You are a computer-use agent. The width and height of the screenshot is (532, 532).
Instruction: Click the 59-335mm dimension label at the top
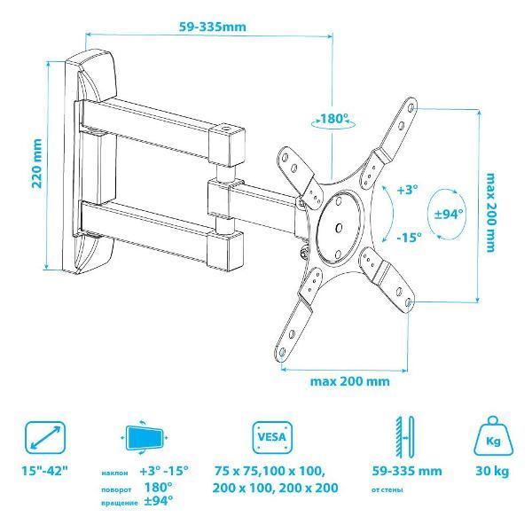(213, 27)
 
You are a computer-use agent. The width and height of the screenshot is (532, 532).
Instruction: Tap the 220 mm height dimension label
(37, 163)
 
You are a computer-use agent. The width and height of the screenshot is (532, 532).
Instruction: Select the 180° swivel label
(334, 119)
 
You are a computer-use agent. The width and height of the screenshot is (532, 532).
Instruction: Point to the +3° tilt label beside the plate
(407, 190)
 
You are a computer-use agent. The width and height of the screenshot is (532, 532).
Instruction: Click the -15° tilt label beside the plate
(410, 237)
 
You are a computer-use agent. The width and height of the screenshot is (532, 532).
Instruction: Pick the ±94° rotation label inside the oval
(449, 214)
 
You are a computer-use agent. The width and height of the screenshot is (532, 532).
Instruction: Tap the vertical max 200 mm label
(490, 213)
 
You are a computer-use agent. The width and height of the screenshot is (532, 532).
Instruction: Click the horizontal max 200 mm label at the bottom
(350, 381)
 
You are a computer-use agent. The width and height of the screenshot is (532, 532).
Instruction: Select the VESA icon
(272, 437)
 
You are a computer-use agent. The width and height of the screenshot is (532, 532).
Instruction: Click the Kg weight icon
(493, 437)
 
